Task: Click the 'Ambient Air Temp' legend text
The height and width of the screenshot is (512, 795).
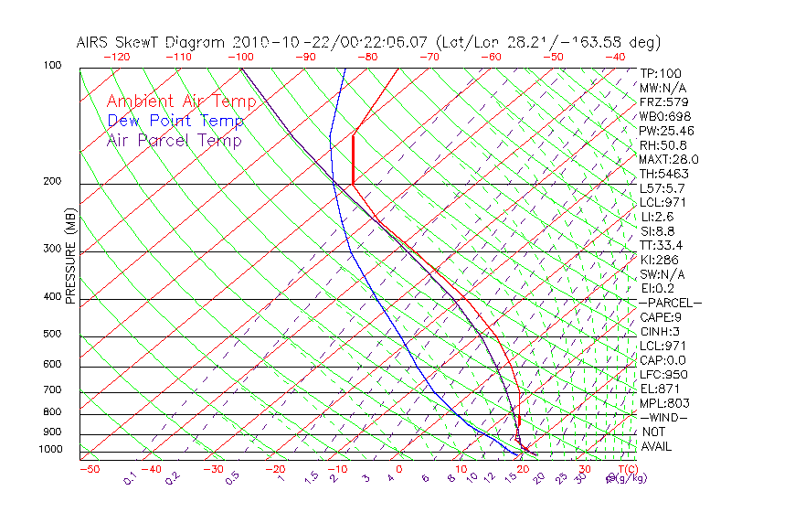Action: pyautogui.click(x=181, y=101)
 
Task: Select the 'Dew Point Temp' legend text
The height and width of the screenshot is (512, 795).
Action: pyautogui.click(x=175, y=121)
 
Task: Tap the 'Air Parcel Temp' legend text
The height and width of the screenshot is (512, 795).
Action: pyautogui.click(x=175, y=140)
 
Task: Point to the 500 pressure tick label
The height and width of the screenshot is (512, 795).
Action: pyautogui.click(x=52, y=334)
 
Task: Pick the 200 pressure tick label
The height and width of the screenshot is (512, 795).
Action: pyautogui.click(x=52, y=181)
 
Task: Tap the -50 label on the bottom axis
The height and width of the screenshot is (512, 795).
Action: pyautogui.click(x=90, y=469)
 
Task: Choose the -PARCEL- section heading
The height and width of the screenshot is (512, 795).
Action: pyautogui.click(x=671, y=303)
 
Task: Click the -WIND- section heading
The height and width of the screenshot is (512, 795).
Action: pyautogui.click(x=664, y=417)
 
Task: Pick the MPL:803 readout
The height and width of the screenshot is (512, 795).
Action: pyautogui.click(x=664, y=402)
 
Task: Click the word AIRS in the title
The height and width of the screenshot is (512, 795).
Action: pyautogui.click(x=94, y=42)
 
